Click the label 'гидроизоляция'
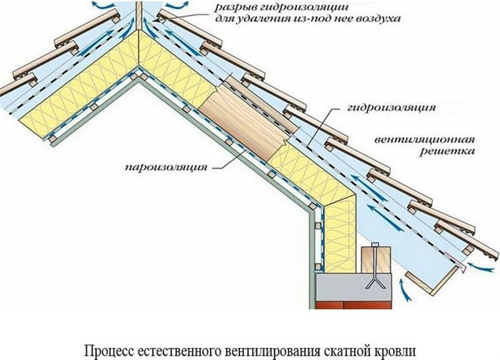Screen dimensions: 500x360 [391, 107]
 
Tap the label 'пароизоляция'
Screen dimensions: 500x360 [166, 167]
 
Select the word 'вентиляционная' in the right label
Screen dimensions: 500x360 [424, 139]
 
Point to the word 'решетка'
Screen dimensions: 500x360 [447, 151]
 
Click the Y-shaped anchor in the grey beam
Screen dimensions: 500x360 [375, 283]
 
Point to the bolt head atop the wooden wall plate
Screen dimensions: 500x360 [375, 245]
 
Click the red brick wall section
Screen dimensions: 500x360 [354, 304]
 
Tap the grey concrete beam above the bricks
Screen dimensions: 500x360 [354, 287]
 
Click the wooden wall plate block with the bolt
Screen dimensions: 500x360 [376, 260]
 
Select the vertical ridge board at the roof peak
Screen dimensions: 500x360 [139, 15]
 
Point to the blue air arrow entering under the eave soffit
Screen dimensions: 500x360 [404, 289]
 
